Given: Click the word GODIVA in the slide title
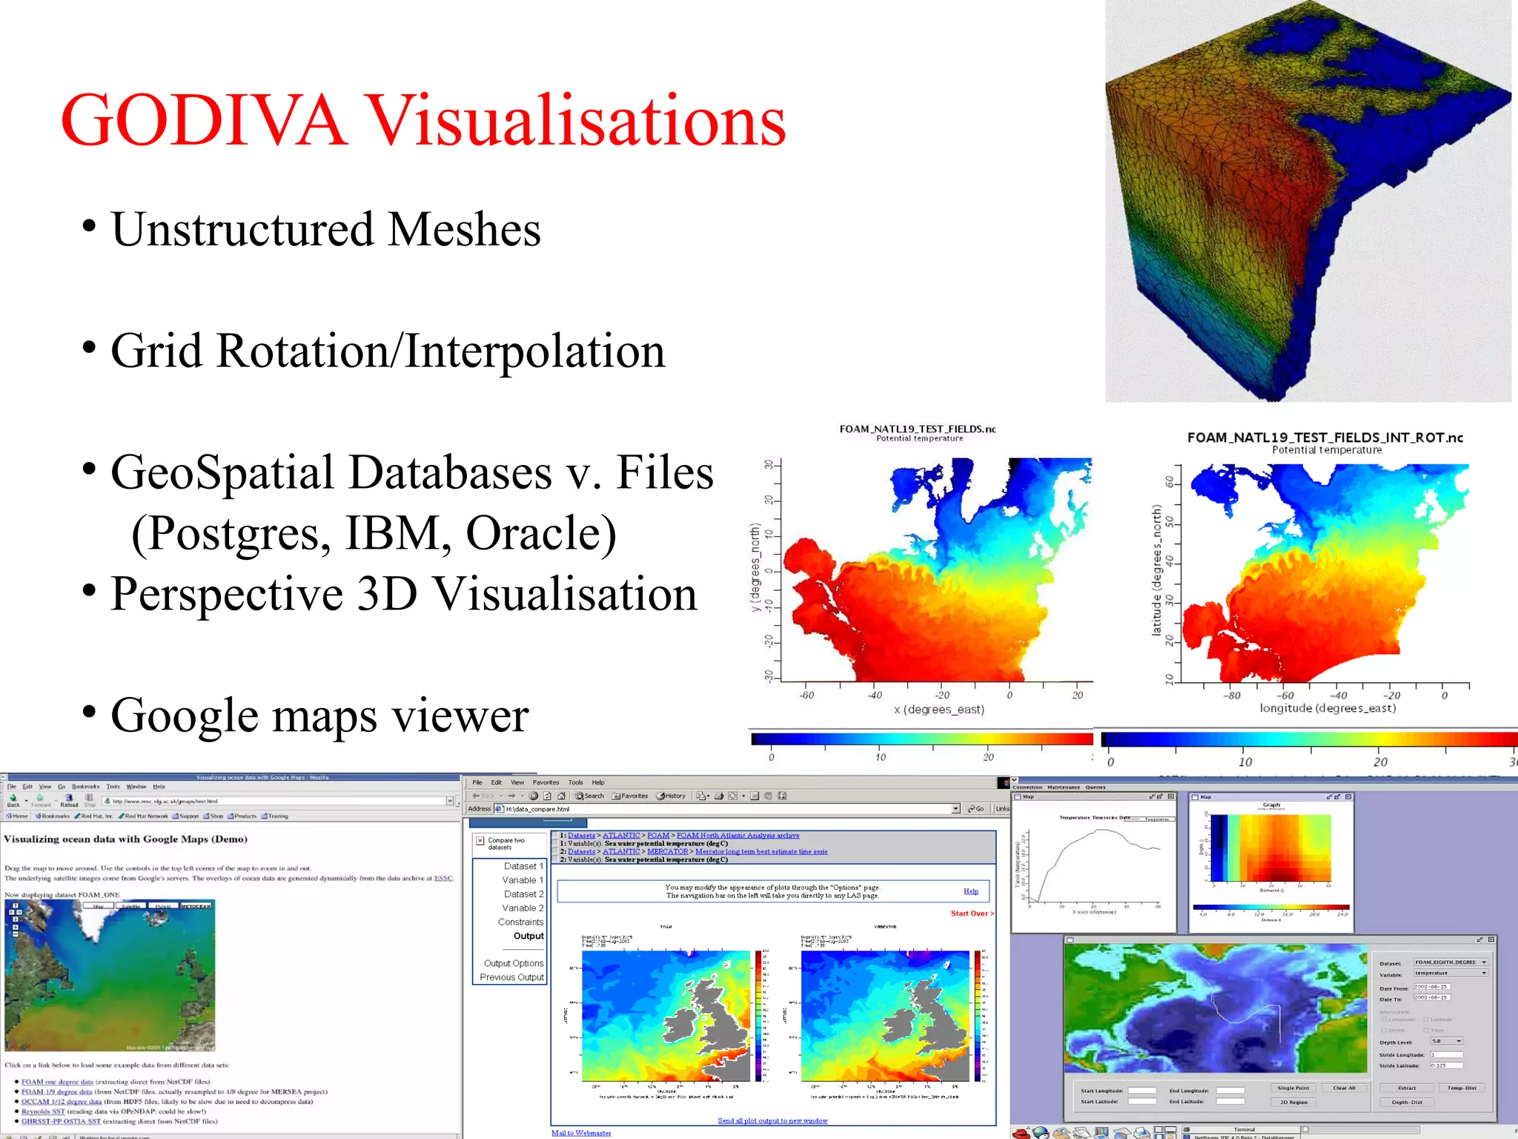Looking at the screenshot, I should click(x=204, y=121).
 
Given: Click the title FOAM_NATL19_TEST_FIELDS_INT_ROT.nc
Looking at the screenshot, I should click(x=1325, y=438).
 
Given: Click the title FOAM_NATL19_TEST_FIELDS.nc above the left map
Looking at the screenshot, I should click(x=917, y=429).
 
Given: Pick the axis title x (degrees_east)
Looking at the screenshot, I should click(x=938, y=710).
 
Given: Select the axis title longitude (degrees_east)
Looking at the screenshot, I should click(x=1328, y=708).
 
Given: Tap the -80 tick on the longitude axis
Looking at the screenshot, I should click(x=1231, y=696).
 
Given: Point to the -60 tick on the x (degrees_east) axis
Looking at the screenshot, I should click(x=806, y=695).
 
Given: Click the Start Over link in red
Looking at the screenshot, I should click(x=970, y=914).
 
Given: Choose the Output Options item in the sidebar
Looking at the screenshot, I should click(x=513, y=963).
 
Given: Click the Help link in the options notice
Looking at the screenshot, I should click(x=971, y=891).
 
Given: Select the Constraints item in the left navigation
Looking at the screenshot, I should click(x=520, y=922).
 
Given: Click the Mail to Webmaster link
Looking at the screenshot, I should click(x=581, y=1132).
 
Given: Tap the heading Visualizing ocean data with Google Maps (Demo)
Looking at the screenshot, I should click(x=125, y=839).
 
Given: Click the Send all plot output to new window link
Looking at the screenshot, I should click(x=772, y=1120).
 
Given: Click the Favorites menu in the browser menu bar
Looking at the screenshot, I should click(x=546, y=782).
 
